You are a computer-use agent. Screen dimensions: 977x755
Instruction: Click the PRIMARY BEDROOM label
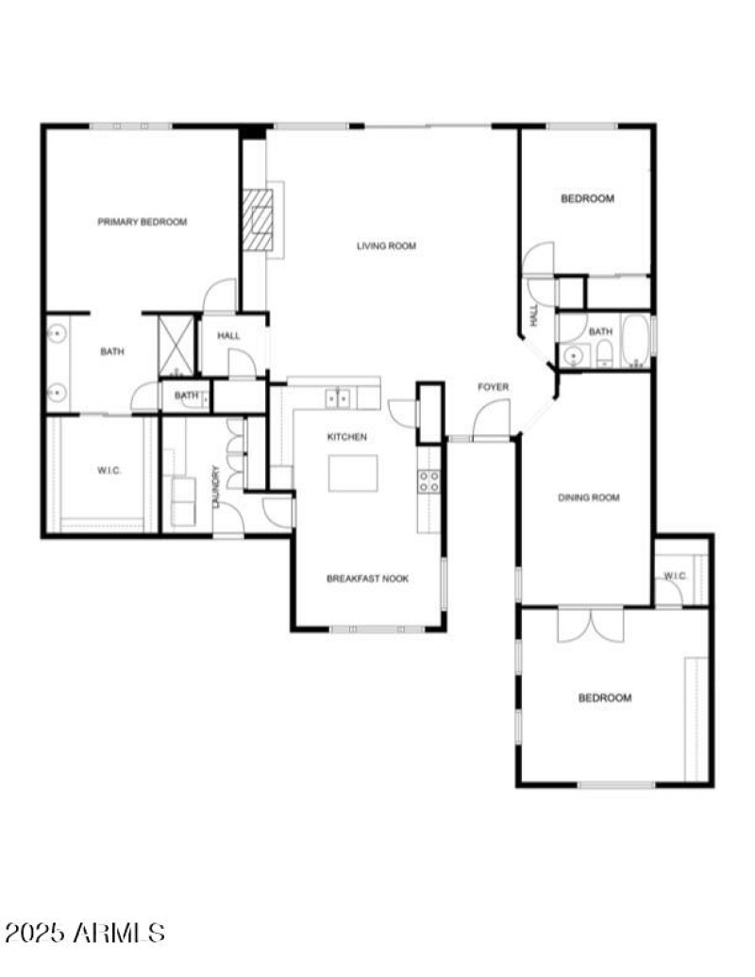(x=143, y=223)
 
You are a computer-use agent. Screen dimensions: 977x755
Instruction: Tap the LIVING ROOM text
(x=386, y=246)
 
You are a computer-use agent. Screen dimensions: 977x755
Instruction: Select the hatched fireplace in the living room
(x=257, y=219)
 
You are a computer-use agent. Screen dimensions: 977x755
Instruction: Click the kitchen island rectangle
(x=353, y=473)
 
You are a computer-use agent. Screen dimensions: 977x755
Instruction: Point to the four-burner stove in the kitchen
(x=428, y=481)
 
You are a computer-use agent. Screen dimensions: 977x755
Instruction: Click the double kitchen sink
(x=337, y=399)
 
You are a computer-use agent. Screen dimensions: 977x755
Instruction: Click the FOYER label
(x=493, y=387)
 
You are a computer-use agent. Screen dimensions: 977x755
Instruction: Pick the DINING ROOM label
(x=589, y=497)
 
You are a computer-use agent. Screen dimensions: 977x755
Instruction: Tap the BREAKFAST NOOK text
(x=367, y=579)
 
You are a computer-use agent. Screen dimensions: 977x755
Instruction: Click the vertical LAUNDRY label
(x=216, y=487)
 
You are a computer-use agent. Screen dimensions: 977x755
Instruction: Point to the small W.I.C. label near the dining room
(x=675, y=576)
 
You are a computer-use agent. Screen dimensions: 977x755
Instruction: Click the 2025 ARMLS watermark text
(x=85, y=934)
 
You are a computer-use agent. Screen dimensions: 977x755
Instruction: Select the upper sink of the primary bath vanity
(x=57, y=333)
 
